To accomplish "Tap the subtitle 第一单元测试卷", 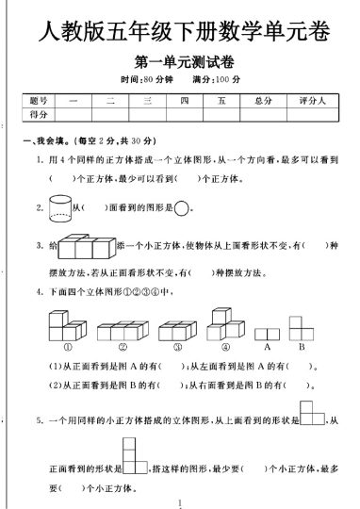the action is pos(185,64).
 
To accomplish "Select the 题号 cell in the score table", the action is pos(39,100).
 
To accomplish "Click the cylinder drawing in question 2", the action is pos(59,207).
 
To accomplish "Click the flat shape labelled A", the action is pos(267,333).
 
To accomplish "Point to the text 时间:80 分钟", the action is pos(149,79).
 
